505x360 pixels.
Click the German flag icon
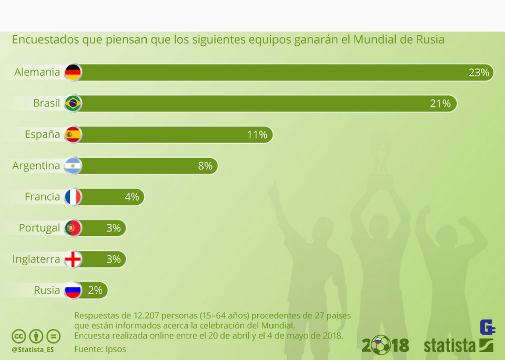tap(73, 72)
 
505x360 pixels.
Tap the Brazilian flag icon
tap(73, 103)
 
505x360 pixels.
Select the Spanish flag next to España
tap(73, 135)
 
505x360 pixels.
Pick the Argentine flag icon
tap(73, 166)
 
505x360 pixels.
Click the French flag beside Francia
tap(73, 197)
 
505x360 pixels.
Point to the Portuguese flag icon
tap(73, 228)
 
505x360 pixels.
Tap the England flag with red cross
tap(73, 259)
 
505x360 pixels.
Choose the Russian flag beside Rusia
tap(73, 290)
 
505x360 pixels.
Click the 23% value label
tap(479, 73)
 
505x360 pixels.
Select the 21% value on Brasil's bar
tap(440, 104)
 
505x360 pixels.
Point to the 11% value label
tap(257, 135)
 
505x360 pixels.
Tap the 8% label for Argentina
tap(205, 166)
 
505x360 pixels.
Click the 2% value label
tap(95, 290)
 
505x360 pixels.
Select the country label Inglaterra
tap(36, 259)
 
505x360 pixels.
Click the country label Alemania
tap(37, 72)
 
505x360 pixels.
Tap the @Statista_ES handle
tap(33, 349)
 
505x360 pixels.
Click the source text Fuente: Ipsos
tap(100, 348)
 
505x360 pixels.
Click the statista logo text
tap(450, 346)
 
